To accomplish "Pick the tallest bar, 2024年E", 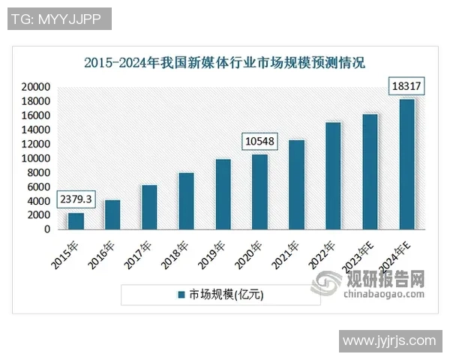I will coord(407,164).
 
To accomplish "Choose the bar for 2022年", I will coord(334,175).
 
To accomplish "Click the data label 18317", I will coord(406,87).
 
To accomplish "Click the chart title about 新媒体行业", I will coord(225,63).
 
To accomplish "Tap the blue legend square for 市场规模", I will coord(181,295).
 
